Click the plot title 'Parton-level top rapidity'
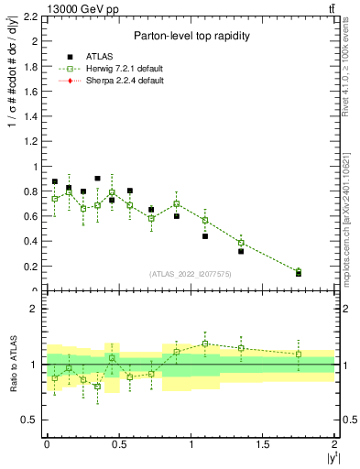tap(187, 37)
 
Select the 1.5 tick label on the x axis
tap(262, 443)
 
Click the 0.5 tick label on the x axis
tap(118, 443)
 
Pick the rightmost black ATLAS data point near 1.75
tap(299, 273)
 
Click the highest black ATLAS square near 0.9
tap(97, 179)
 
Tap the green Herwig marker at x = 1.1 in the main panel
tap(205, 220)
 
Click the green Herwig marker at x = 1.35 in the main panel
tap(241, 243)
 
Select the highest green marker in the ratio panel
tap(205, 344)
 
